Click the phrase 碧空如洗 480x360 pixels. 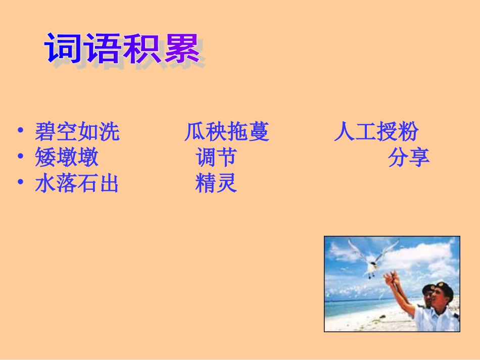[77, 132]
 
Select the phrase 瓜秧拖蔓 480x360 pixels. [227, 132]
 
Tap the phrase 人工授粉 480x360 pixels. [376, 132]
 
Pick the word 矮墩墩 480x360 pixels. [67, 158]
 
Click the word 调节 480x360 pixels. [216, 158]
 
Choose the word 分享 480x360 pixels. [409, 158]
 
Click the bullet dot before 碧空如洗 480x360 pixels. [20, 131]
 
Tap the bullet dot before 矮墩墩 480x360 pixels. [20, 157]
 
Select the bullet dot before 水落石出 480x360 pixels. [20, 183]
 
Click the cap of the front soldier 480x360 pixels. [443, 286]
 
